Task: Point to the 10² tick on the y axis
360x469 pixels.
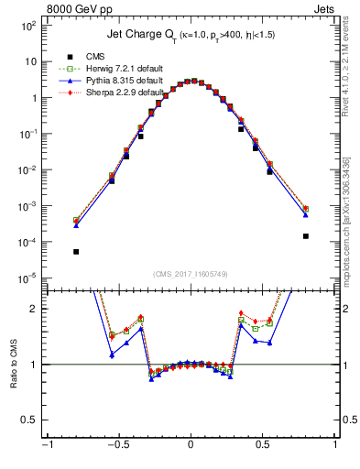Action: coord(28,26)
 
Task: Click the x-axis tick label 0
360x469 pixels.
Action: coord(190,454)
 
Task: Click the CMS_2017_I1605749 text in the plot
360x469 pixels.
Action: coord(190,274)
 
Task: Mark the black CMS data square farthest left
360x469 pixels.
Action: coord(76,251)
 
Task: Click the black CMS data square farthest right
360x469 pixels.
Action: coord(306,235)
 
